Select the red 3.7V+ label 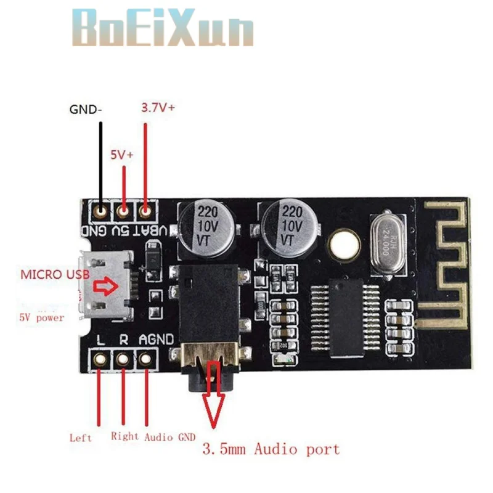click(158, 107)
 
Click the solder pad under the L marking click(100, 358)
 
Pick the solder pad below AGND click(146, 358)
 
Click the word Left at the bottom click(81, 438)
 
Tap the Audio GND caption click(170, 438)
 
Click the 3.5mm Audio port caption click(271, 449)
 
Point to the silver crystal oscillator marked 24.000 click(386, 242)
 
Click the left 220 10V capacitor click(206, 227)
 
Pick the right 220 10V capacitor click(287, 227)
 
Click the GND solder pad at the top click(100, 213)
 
